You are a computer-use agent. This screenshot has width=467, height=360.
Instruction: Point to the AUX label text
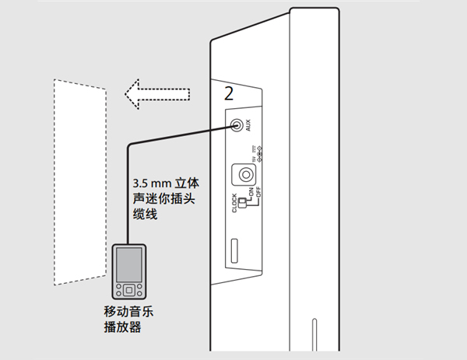(248, 124)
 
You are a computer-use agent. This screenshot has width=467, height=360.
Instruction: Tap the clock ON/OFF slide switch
(241, 204)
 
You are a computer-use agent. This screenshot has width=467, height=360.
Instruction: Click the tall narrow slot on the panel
(233, 253)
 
